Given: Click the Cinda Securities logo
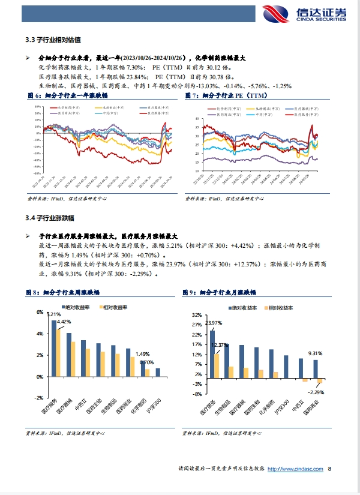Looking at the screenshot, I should tap(304, 14).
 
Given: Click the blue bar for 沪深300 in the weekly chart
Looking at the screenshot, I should tap(158, 372).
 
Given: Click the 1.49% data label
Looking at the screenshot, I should tap(142, 354).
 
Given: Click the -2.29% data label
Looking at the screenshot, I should tap(316, 392).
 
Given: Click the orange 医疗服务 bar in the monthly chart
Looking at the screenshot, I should tap(217, 364).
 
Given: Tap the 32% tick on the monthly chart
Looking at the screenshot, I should tap(197, 314).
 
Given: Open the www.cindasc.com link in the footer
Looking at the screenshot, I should tap(296, 469).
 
